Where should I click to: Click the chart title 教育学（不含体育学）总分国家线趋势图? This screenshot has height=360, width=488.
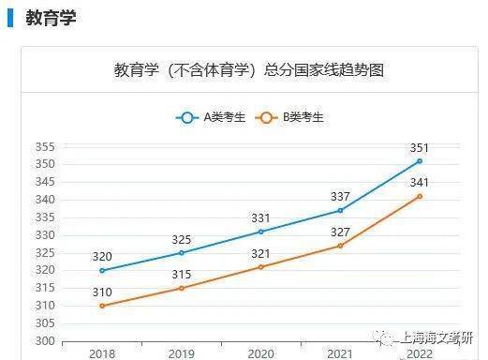(249, 70)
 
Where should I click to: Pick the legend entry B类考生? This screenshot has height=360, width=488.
(290, 117)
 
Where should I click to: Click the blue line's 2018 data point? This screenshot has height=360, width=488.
(102, 270)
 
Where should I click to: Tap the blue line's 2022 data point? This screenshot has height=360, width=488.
(420, 160)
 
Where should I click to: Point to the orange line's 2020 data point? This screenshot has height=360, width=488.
(260, 266)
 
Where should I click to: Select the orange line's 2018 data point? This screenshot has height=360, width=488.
(102, 306)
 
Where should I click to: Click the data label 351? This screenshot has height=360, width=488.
(420, 147)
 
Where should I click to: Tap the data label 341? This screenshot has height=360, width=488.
(420, 183)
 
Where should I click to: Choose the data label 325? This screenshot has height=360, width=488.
(182, 239)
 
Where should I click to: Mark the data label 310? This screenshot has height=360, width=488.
(102, 292)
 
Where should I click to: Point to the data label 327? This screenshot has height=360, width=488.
(340, 232)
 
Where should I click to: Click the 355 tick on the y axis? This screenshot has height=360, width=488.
(45, 147)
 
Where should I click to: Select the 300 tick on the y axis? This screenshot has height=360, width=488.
(45, 340)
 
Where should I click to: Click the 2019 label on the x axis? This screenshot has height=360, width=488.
(182, 354)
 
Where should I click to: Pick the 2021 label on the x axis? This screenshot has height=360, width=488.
(340, 354)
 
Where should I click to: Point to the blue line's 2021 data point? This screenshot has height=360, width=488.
(340, 210)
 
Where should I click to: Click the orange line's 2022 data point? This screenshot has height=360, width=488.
(420, 196)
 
